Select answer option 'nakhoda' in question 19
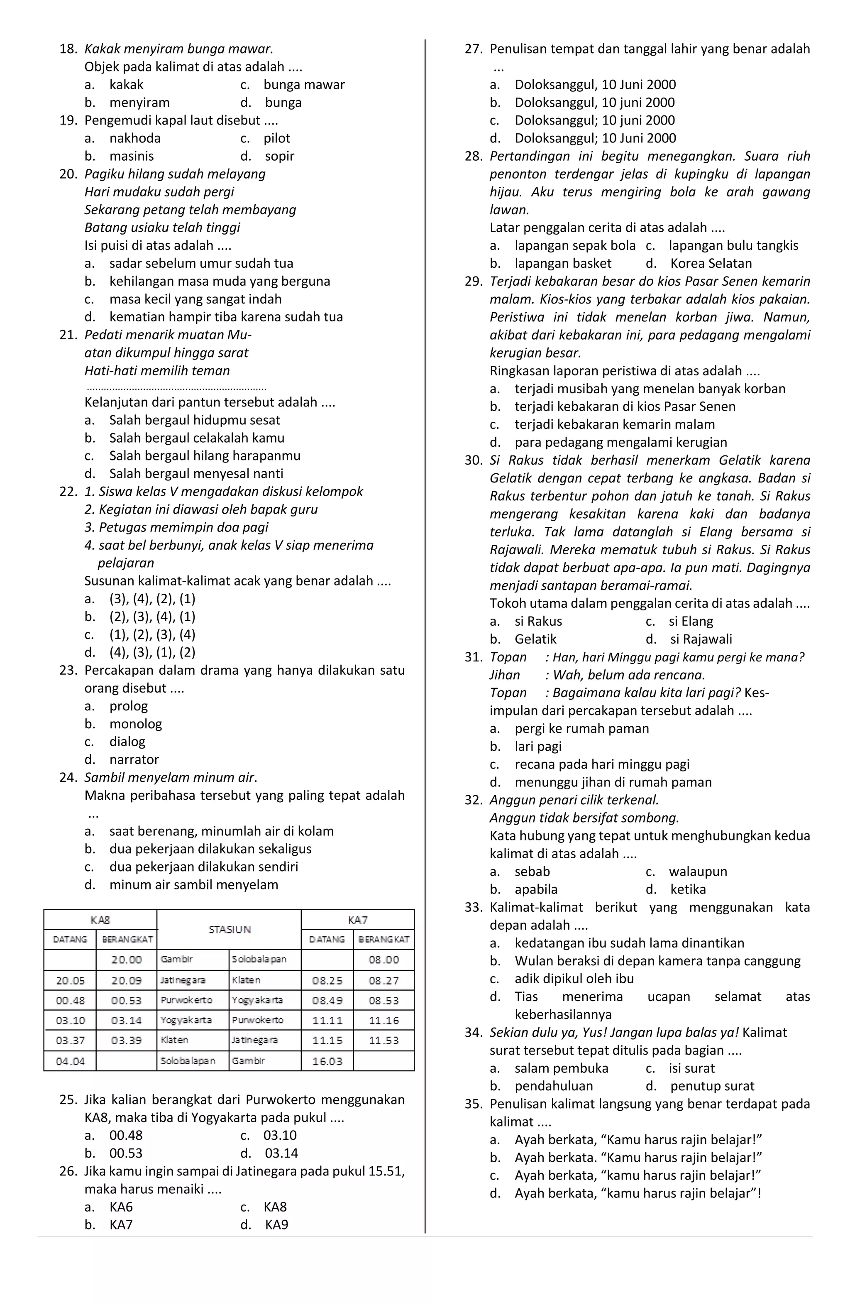pos(135,138)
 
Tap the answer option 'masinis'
pos(132,156)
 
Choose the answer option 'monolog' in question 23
pos(135,724)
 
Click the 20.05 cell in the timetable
pos(70,980)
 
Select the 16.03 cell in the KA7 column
pos(327,1061)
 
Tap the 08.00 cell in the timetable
pos(383,960)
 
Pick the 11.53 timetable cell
pos(383,1041)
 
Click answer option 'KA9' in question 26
pos(276,1225)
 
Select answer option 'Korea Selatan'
pos(711,264)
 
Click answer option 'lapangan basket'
pos(563,264)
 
